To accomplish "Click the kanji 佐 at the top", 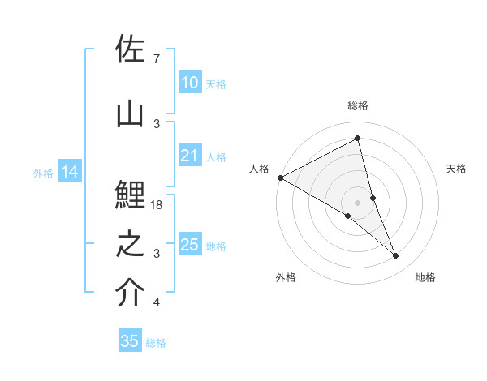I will [131, 49].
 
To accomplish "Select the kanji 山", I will [131, 114].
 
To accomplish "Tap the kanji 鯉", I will [131, 195].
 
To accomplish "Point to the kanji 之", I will [131, 244].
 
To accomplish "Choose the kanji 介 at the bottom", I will [131, 293].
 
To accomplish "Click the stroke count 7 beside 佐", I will [157, 59].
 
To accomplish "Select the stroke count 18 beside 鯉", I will [157, 205].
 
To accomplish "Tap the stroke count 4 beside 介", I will [157, 302].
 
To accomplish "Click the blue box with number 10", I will [189, 83].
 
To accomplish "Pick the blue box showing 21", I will [189, 156].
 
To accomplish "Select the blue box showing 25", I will [189, 245].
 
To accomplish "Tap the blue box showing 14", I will [69, 172].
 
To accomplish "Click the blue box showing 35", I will [130, 341].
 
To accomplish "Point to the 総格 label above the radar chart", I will [358, 105].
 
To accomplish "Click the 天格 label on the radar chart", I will [457, 169].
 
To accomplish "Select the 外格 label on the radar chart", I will [286, 277].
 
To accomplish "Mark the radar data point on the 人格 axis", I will [280, 178].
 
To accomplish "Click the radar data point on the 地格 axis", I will [396, 256].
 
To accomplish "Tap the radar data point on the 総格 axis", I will [358, 139].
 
